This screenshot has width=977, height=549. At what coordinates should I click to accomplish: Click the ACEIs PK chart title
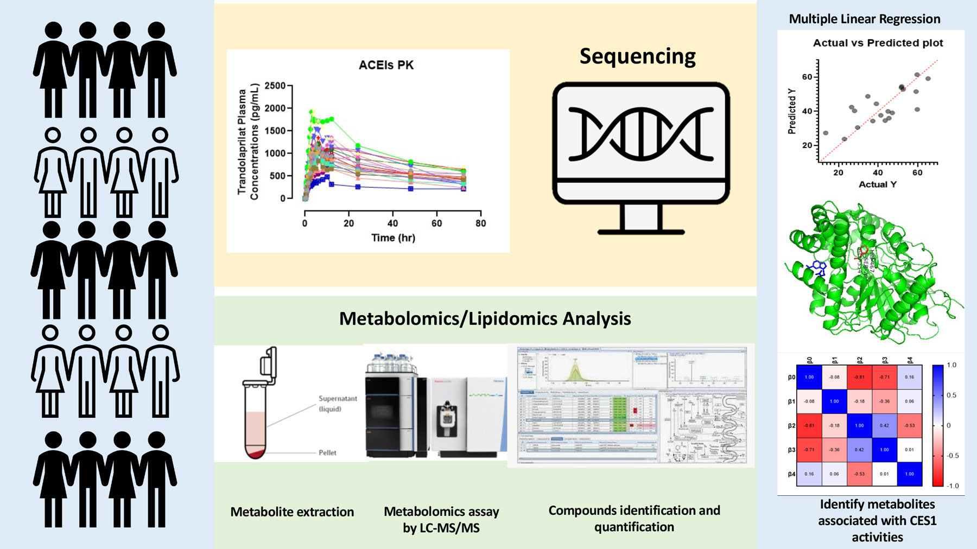pyautogui.click(x=386, y=65)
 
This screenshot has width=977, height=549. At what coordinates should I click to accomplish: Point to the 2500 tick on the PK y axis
pyautogui.click(x=275, y=86)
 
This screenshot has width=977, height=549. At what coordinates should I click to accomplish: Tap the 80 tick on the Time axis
pyautogui.click(x=480, y=223)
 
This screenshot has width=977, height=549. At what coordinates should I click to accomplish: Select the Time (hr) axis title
pyautogui.click(x=393, y=238)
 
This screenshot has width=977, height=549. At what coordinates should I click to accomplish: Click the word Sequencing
pyautogui.click(x=637, y=56)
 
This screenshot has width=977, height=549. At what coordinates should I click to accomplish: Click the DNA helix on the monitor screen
pyautogui.click(x=641, y=133)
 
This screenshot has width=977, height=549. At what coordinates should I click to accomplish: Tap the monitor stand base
pyautogui.click(x=641, y=232)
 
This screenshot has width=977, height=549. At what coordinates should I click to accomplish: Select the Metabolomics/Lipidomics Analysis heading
pyautogui.click(x=485, y=318)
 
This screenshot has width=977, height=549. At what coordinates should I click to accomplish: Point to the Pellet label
pyautogui.click(x=327, y=452)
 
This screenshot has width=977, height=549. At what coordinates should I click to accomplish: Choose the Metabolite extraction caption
pyautogui.click(x=292, y=512)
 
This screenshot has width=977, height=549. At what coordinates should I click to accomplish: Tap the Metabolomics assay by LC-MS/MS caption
pyautogui.click(x=441, y=519)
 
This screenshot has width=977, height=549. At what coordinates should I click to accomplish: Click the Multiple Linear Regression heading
pyautogui.click(x=864, y=19)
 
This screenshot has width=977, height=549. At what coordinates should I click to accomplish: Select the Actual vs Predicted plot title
pyautogui.click(x=878, y=43)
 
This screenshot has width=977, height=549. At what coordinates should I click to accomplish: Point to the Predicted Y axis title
pyautogui.click(x=792, y=111)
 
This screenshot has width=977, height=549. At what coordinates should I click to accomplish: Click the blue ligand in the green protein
pyautogui.click(x=817, y=268)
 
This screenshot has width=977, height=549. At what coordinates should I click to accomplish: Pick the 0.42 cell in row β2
pyautogui.click(x=884, y=425)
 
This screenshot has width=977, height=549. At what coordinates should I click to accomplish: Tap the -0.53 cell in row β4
pyautogui.click(x=859, y=474)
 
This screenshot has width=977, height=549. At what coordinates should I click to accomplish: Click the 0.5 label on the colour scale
pyautogui.click(x=951, y=395)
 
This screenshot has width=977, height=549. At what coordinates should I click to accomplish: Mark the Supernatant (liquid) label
pyautogui.click(x=338, y=404)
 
